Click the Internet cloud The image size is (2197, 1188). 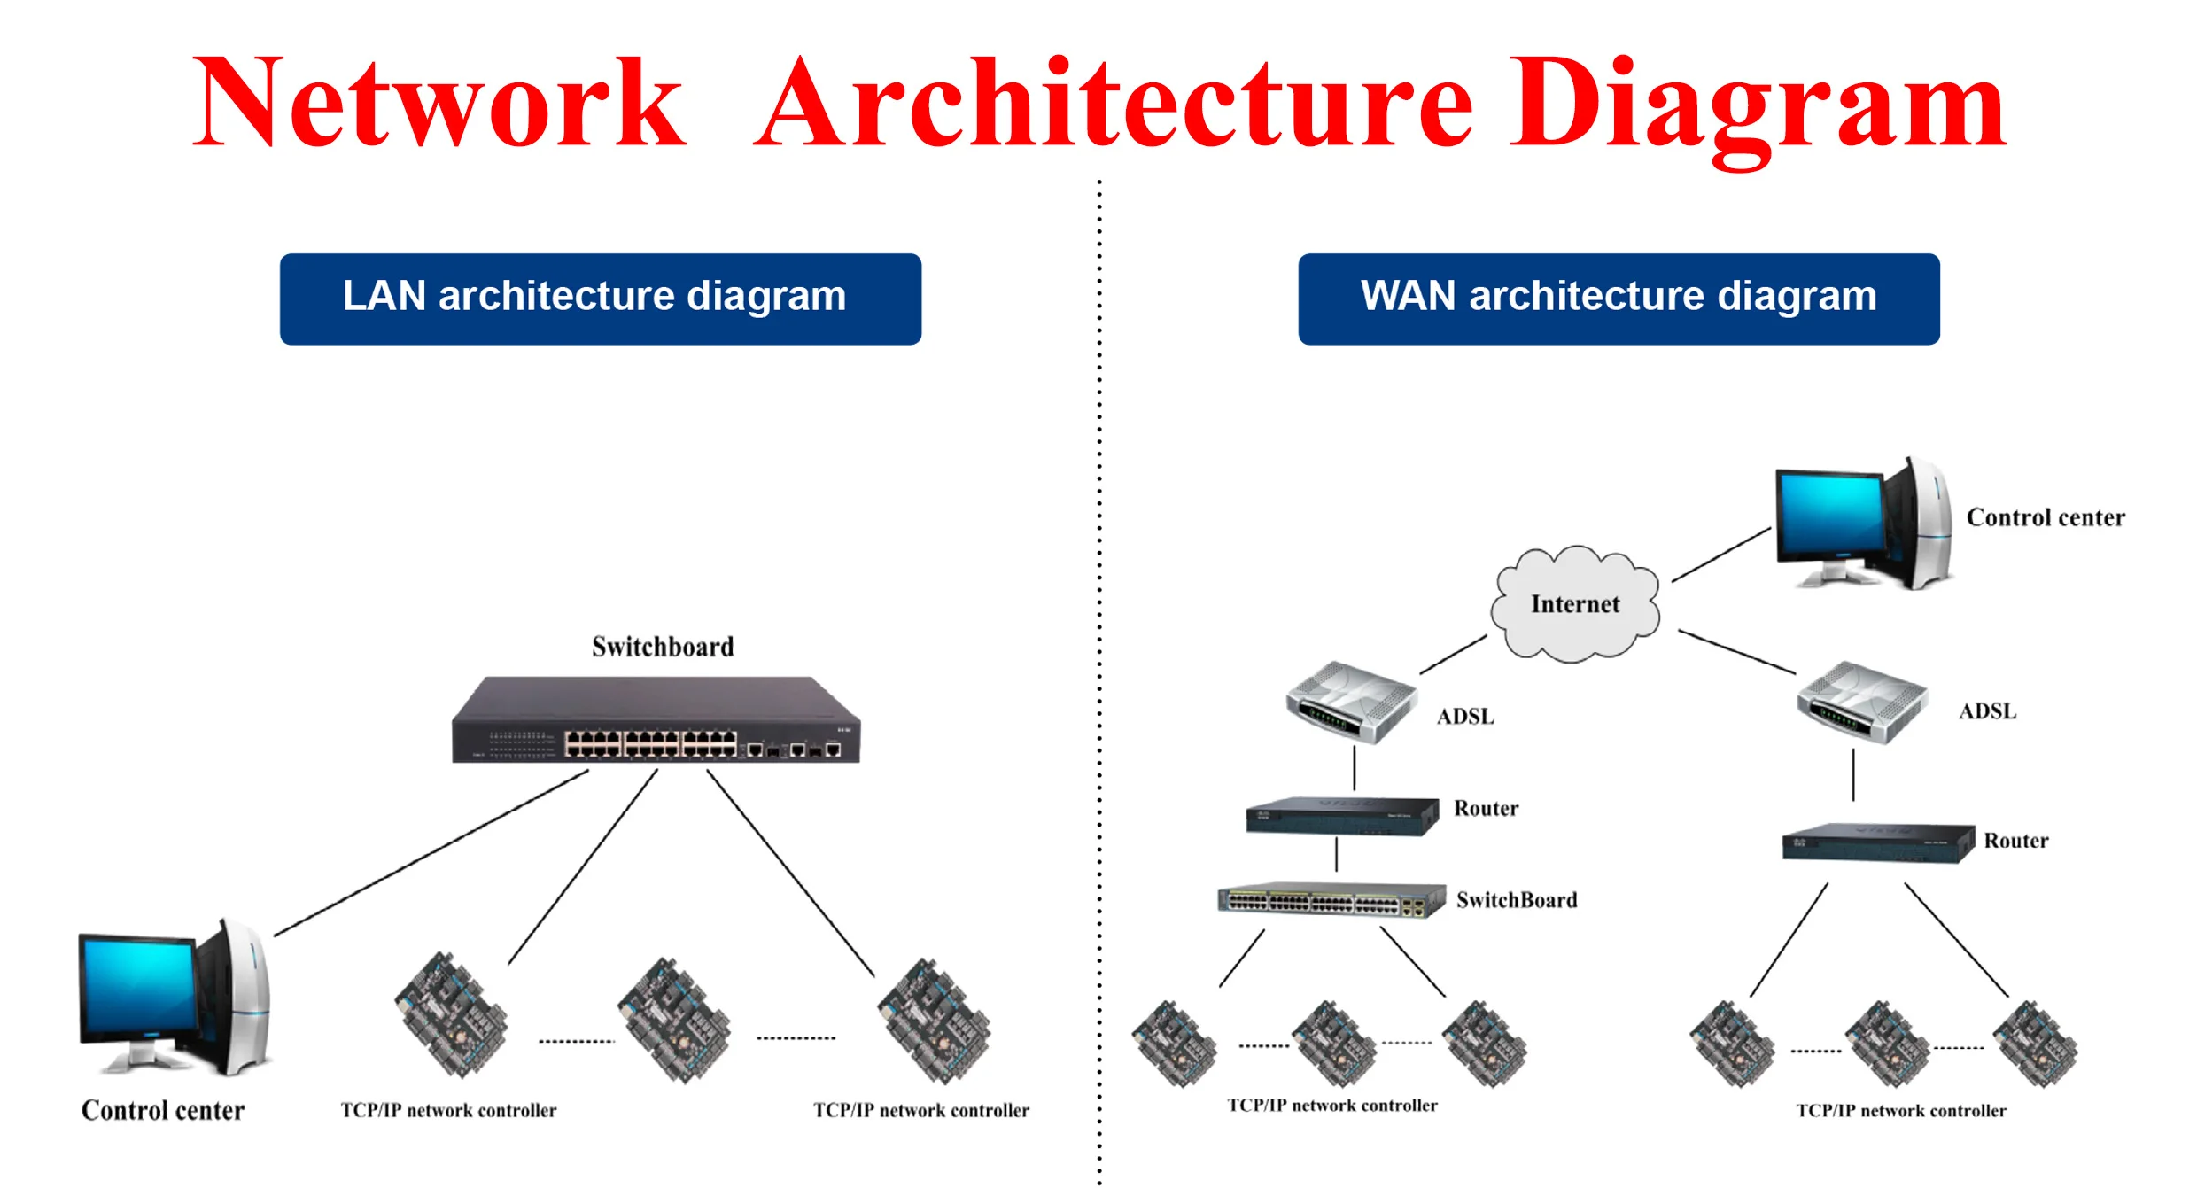click(x=1575, y=604)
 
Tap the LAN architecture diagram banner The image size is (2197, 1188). click(x=600, y=299)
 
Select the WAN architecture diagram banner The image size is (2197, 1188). click(x=1618, y=299)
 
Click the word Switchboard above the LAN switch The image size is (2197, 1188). click(x=663, y=647)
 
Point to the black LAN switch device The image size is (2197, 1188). click(x=656, y=721)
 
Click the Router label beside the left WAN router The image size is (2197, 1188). click(x=1486, y=808)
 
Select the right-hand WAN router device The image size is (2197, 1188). click(x=1877, y=842)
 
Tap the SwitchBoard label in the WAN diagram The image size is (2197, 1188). click(x=1516, y=900)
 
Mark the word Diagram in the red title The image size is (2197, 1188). click(x=1758, y=105)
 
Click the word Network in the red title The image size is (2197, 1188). click(x=439, y=105)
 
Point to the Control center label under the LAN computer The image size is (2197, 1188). click(x=163, y=1110)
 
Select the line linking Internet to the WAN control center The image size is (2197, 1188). click(x=1720, y=555)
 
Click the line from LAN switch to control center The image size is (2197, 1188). click(x=431, y=853)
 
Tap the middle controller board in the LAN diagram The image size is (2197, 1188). click(x=674, y=1019)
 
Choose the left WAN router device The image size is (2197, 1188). click(x=1341, y=816)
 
